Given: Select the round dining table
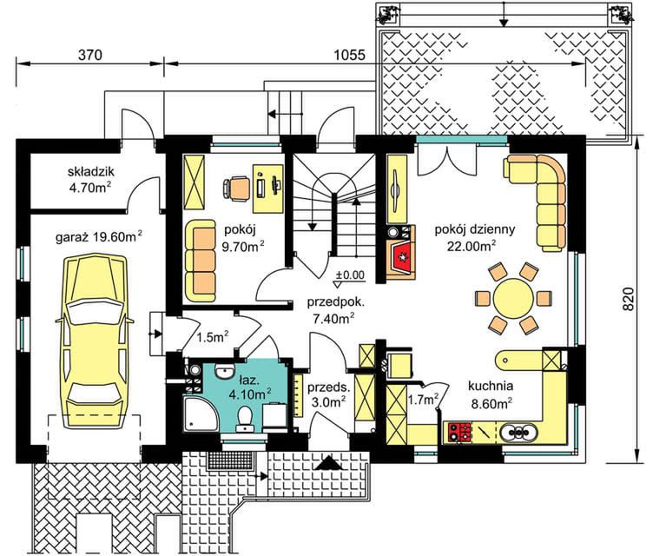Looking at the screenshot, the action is coord(513,298).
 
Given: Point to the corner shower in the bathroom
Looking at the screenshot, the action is coord(201,414).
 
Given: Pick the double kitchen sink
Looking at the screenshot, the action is coord(518,433).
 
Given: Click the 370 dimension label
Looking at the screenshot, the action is coord(90,55).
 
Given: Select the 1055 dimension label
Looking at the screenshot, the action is coord(350,55).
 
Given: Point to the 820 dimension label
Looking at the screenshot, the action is coord(630,299).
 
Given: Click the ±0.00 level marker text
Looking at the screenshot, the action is coord(351,275).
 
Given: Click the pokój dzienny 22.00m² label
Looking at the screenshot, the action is coord(474,238).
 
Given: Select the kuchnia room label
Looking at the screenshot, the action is coord(491,386).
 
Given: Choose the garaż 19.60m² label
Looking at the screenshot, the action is coord(99,236).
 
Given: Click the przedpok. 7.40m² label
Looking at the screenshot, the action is coord(335,310).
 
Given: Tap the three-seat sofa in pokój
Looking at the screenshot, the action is coord(201,261).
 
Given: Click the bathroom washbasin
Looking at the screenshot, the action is coord(224,371).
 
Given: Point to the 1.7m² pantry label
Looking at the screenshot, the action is coord(424,400).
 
